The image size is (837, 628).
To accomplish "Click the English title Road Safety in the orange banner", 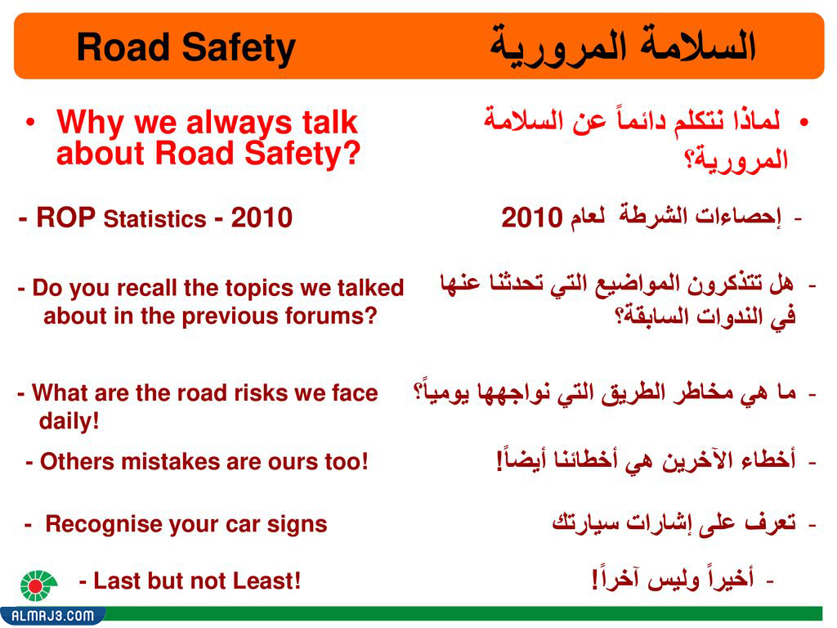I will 186,48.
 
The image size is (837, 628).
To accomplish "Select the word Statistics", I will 155,220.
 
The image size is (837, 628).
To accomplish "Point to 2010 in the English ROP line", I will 262,218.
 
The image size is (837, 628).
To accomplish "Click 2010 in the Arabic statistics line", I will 531,218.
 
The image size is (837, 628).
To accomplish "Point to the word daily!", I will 69,422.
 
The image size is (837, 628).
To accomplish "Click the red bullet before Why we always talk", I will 30,123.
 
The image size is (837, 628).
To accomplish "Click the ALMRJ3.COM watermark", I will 52,615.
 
